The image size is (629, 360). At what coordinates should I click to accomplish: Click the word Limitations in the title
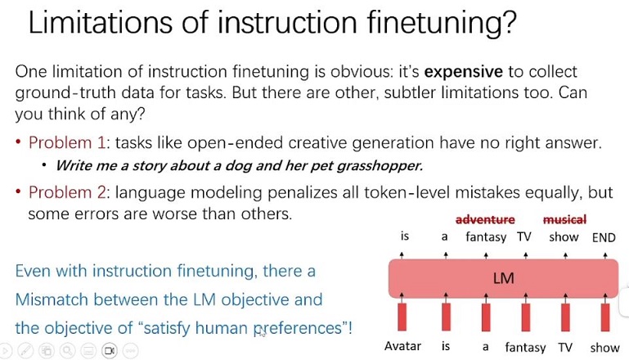click(x=101, y=22)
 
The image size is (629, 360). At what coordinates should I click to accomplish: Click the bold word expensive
click(x=463, y=71)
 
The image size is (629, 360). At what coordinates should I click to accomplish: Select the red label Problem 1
click(x=66, y=142)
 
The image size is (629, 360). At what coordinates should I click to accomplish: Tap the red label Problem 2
click(x=66, y=192)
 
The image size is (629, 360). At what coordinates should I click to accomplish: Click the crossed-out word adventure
click(x=485, y=219)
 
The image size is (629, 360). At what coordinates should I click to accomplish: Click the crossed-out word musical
click(x=564, y=219)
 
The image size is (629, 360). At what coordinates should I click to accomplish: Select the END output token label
click(x=604, y=237)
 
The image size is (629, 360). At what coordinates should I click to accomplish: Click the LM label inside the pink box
click(x=503, y=278)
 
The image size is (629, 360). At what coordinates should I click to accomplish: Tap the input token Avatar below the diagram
click(x=402, y=346)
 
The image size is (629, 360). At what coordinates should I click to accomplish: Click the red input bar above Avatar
click(x=402, y=317)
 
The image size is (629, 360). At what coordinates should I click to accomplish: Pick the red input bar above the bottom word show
click(x=605, y=317)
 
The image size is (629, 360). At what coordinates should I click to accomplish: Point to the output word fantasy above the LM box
click(x=486, y=237)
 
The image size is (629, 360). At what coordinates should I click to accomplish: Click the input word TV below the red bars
click(x=565, y=347)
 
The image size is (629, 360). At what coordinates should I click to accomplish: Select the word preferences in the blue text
click(x=298, y=328)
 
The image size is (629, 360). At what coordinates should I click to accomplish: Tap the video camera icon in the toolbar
click(x=110, y=351)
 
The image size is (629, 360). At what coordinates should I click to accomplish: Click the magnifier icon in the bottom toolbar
click(x=67, y=351)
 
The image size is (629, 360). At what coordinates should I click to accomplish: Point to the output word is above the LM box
click(x=405, y=236)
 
